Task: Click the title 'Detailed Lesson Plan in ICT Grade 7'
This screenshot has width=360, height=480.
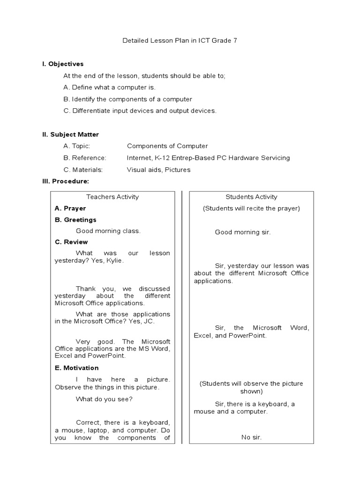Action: [x=180, y=41]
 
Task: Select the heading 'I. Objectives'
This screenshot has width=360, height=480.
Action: [x=63, y=64]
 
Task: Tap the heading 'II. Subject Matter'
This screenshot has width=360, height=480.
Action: [x=70, y=135]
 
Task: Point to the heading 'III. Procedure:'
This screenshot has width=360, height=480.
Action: [x=66, y=181]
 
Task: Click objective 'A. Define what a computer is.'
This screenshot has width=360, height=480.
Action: [x=109, y=87]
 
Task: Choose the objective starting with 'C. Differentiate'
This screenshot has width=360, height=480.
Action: [x=140, y=111]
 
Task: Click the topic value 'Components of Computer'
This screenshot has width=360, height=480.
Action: [x=167, y=146]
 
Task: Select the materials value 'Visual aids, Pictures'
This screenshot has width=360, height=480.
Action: [x=158, y=170]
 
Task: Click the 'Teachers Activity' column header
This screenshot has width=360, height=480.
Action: [x=112, y=197]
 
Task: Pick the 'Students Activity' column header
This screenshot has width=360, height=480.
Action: [x=251, y=197]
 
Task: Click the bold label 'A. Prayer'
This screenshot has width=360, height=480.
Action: [x=70, y=208]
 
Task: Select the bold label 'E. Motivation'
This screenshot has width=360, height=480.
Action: [x=77, y=368]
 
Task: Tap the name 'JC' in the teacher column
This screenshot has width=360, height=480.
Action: [x=149, y=322]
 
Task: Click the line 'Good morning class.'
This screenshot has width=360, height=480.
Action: [x=108, y=231]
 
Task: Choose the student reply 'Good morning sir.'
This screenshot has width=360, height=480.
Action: [x=243, y=232]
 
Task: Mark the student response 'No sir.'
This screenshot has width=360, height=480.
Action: [x=251, y=437]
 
